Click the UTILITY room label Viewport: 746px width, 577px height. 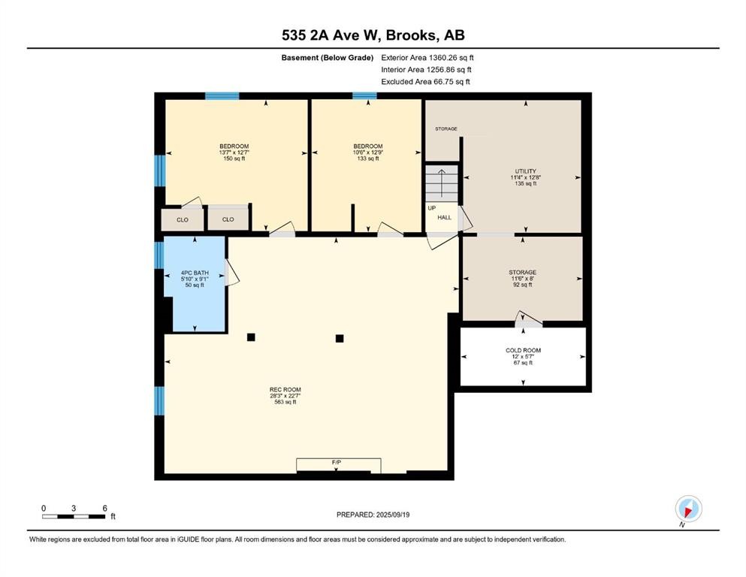[521, 177]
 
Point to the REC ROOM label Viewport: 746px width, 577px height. [285, 395]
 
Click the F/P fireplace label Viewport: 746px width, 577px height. [337, 462]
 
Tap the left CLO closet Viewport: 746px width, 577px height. [182, 219]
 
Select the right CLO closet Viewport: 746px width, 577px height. [228, 219]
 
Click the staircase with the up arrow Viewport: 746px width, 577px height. [441, 183]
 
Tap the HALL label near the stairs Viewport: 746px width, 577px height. [445, 217]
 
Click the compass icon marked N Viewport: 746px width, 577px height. [687, 509]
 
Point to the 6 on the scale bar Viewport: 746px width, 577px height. [104, 508]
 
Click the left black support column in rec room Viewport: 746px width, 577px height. [251, 337]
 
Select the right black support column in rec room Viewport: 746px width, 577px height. [340, 338]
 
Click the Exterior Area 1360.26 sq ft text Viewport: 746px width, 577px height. [427, 57]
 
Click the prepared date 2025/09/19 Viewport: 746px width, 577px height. [373, 515]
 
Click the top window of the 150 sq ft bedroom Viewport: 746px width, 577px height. [222, 95]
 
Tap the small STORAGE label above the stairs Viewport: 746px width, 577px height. [445, 129]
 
